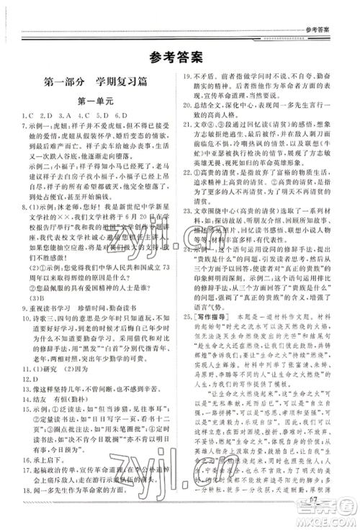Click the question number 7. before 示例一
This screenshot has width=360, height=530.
(23, 125)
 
